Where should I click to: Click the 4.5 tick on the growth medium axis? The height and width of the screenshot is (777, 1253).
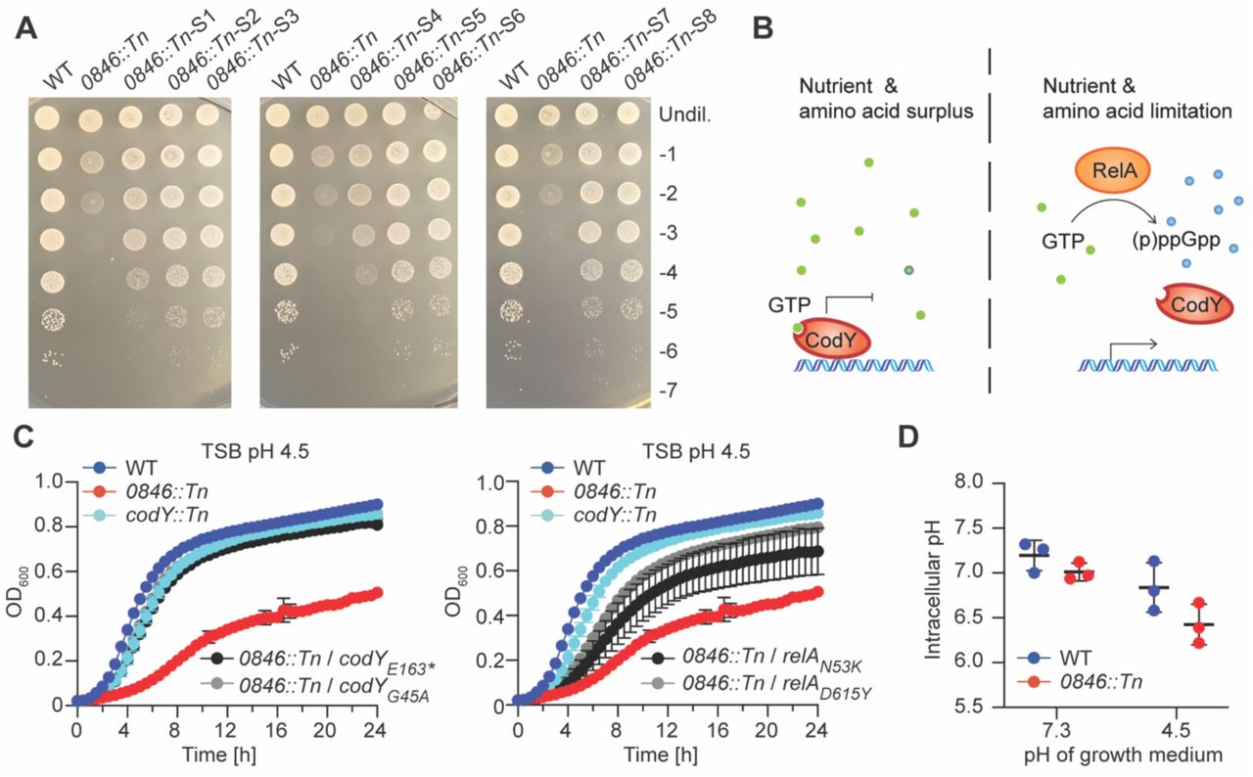pyautogui.click(x=1180, y=732)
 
